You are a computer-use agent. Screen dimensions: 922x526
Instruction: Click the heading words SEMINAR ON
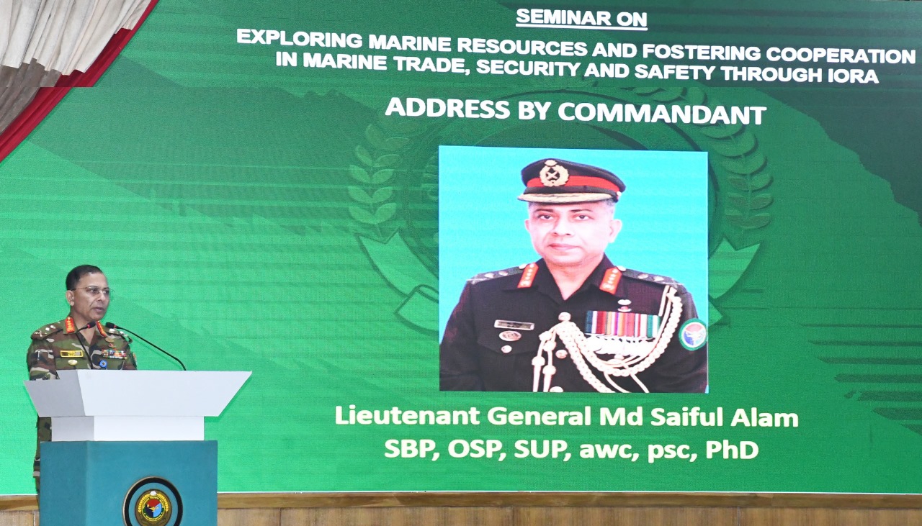581,19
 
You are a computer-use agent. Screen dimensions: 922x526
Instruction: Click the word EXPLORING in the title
299,39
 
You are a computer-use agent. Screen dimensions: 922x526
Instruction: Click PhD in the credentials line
732,450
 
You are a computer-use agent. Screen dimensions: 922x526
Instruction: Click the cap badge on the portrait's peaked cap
554,173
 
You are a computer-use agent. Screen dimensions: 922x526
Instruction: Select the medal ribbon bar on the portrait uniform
622,324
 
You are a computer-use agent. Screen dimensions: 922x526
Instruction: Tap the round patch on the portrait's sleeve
693,335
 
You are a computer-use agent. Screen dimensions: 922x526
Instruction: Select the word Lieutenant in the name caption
407,415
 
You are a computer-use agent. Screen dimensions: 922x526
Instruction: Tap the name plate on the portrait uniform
514,325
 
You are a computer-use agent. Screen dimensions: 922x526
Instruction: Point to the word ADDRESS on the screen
447,108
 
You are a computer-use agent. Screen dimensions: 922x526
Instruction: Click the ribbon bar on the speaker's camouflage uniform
115,353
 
